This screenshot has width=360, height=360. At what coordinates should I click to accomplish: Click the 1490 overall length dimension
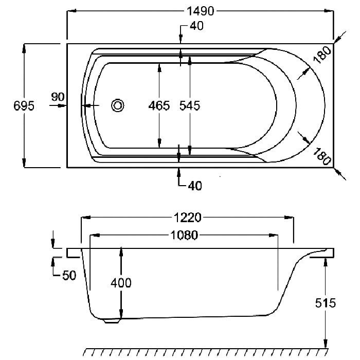tap(201, 11)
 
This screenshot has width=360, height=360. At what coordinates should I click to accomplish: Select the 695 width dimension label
tap(24, 106)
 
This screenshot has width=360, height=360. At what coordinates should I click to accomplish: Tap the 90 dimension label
tap(58, 97)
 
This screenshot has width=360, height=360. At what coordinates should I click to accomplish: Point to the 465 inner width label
tap(159, 105)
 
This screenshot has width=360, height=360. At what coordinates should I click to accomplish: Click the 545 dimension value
tap(190, 105)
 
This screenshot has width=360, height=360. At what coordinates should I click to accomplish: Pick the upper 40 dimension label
tap(196, 26)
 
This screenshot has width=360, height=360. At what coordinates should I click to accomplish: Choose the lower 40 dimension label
tap(195, 186)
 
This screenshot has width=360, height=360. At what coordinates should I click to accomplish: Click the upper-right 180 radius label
tap(322, 55)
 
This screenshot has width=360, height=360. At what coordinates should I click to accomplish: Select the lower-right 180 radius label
tap(322, 156)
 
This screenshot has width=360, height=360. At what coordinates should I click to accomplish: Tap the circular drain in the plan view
tap(118, 105)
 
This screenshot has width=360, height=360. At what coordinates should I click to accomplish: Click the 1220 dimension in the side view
tap(188, 218)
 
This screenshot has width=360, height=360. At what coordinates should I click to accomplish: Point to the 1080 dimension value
tap(184, 235)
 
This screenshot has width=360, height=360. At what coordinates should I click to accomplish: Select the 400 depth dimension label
tap(121, 283)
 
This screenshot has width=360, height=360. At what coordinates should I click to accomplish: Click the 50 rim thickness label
tap(69, 275)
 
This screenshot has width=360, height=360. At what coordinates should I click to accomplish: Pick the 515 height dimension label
tap(326, 303)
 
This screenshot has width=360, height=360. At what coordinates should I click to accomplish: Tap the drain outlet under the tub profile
tap(112, 321)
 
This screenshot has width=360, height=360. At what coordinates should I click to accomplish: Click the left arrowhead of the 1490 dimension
tap(71, 11)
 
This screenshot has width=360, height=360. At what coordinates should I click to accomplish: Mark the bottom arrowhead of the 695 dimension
tap(24, 163)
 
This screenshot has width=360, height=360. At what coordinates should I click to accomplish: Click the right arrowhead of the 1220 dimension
tap(289, 218)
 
